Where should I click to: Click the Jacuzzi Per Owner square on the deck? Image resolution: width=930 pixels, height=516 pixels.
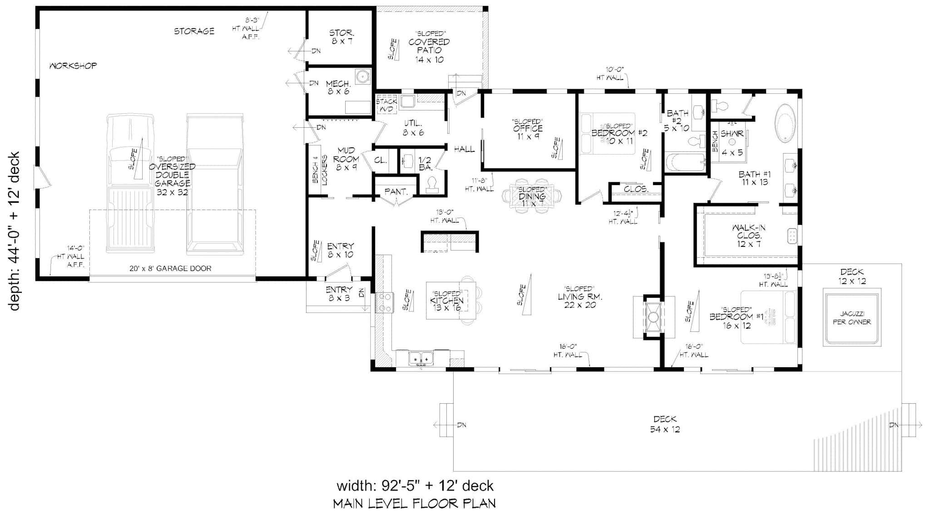pyautogui.click(x=851, y=318)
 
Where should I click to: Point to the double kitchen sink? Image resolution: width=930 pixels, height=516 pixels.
pyautogui.click(x=421, y=358)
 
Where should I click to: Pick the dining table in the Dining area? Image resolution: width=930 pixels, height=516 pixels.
pyautogui.click(x=532, y=196)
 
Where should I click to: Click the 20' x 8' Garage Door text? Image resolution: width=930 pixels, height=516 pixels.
pyautogui.click(x=170, y=268)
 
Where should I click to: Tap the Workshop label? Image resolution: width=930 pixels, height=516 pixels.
pyautogui.click(x=73, y=66)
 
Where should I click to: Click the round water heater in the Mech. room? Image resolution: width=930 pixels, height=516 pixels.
pyautogui.click(x=362, y=77)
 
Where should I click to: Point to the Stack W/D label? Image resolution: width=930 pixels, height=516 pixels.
pyautogui.click(x=386, y=105)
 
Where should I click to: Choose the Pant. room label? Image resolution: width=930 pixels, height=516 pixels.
pyautogui.click(x=396, y=192)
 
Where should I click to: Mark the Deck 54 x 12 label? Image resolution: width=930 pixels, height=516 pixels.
pyautogui.click(x=665, y=424)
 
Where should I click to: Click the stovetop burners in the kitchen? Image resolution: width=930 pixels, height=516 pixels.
pyautogui.click(x=386, y=303)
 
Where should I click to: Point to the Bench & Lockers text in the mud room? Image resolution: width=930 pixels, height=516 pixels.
pyautogui.click(x=320, y=170)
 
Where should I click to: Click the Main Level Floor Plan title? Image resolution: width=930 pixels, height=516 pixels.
pyautogui.click(x=414, y=503)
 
